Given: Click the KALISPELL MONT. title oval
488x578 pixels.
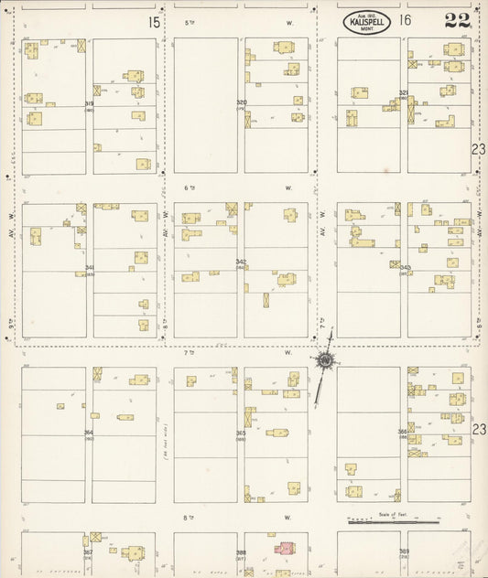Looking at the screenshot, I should pos(370,22).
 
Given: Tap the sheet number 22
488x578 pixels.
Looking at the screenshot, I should pos(457,21).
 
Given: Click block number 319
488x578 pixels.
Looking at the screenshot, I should pos(89,104).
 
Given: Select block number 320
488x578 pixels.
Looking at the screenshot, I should pos(242,102).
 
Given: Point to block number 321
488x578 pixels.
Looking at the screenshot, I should pos(403,92).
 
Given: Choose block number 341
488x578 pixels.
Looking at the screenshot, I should pos(89,268).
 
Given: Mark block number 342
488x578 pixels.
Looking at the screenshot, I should pos(241,262).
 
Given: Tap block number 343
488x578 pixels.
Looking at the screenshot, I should pos(405,267).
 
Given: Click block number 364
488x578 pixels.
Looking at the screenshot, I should pos(89,433).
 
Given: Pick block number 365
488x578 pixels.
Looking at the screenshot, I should pos(240,433).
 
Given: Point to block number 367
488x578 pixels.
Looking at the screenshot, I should pos(88,552).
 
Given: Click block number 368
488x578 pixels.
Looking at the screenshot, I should pos(241,552).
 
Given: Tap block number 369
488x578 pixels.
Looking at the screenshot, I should pos(404,551).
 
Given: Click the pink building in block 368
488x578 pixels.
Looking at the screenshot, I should pos(286,548).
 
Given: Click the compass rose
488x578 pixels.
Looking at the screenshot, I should pos(325,360).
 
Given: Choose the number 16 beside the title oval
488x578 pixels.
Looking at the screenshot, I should pos(406,20).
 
